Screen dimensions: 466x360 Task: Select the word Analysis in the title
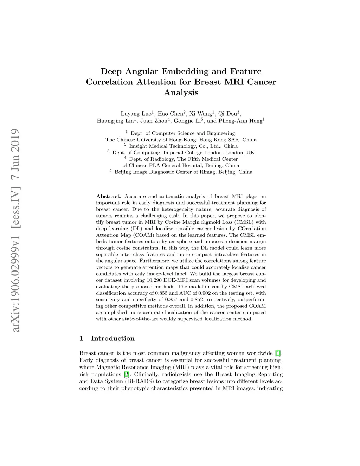tap(181, 93)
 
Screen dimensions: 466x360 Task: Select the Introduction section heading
tap(112, 338)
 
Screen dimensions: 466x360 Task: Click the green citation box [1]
tap(278, 353)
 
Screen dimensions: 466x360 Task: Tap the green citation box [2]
tap(126, 374)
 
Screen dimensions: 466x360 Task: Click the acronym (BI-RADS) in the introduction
tap(139, 381)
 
